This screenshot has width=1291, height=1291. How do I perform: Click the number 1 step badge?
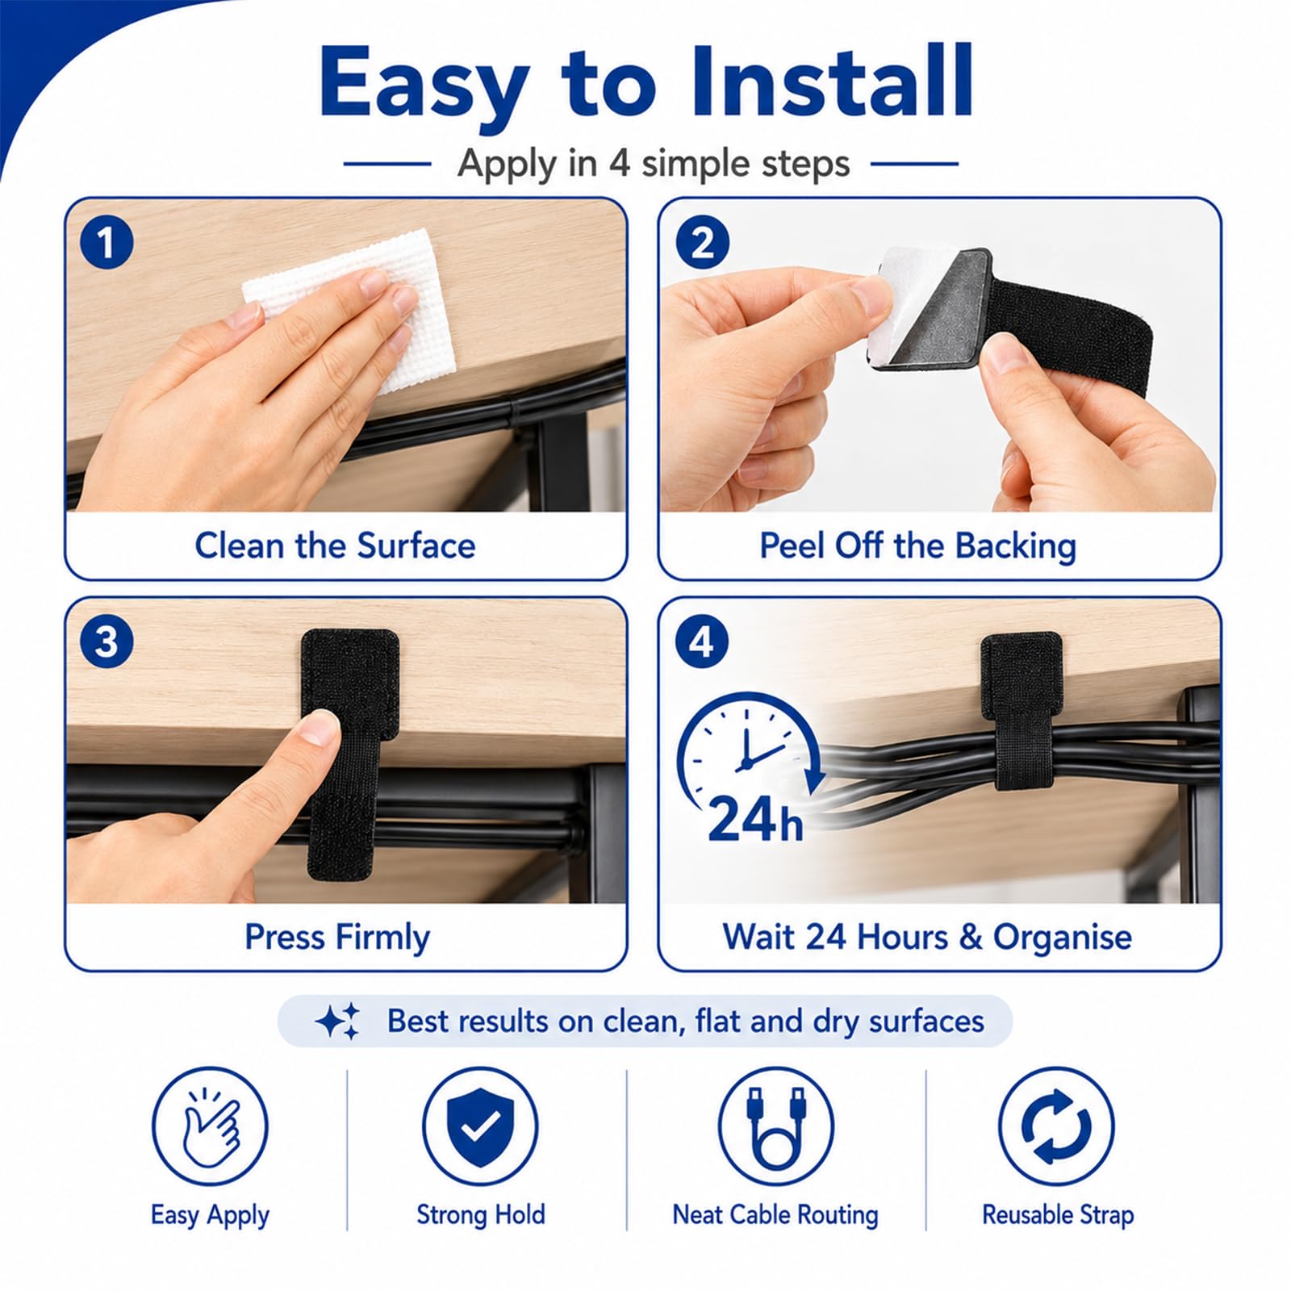pos(107,243)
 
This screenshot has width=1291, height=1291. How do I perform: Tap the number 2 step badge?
pos(702,243)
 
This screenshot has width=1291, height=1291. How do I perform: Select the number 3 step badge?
pos(107,642)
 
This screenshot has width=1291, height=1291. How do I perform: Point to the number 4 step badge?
pos(702,642)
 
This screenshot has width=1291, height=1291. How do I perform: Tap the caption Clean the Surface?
pos(335,546)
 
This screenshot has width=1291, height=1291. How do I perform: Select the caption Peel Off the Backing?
pos(918,546)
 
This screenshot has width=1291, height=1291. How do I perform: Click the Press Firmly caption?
pos(337,938)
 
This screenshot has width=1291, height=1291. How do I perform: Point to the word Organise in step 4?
pos(1063,938)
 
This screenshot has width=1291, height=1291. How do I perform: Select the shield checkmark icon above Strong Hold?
pos(480,1126)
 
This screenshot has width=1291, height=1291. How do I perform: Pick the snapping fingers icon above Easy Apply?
pos(210,1126)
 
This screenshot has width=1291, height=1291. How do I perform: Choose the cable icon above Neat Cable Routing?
pos(776,1126)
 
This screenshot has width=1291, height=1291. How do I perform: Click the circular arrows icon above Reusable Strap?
pos(1056,1126)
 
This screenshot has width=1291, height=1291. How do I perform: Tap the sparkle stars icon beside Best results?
pos(338,1022)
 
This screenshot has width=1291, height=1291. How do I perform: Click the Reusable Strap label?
pos(1058,1214)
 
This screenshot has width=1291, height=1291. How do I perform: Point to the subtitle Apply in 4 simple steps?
pos(654,164)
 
